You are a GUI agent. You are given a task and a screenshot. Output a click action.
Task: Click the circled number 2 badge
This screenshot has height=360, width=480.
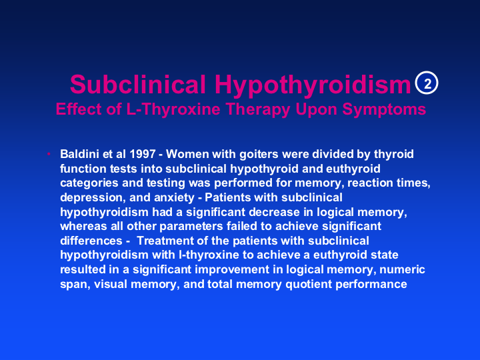click(427, 83)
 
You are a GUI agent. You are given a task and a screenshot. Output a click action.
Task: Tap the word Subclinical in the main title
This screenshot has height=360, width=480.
click(138, 84)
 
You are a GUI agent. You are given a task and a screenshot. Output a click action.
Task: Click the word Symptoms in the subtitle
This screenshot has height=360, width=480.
click(384, 109)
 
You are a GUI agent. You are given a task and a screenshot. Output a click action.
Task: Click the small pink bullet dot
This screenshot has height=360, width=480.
click(49, 154)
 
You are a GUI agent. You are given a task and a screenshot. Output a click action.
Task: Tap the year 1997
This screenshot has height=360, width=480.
click(143, 154)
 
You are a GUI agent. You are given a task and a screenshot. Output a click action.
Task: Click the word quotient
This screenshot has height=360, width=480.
click(309, 285)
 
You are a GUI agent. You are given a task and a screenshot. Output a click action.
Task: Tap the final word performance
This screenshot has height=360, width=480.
click(371, 285)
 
